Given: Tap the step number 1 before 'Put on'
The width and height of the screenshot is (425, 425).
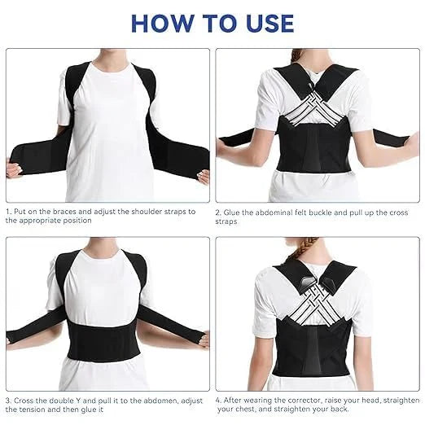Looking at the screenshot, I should pos(8,211).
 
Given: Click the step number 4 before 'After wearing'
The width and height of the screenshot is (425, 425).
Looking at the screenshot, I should pos(218,401).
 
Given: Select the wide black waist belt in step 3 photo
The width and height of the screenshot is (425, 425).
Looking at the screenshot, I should pos(107,346).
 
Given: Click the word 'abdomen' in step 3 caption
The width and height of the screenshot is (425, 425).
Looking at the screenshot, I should pos(143,401).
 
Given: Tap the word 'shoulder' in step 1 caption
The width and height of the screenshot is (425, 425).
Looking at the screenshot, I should pos(138,211).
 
